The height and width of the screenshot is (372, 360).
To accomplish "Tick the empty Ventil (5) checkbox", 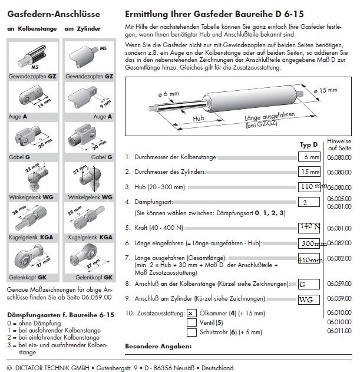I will (x=190, y=322).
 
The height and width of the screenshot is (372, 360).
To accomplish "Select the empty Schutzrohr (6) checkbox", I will (x=190, y=332).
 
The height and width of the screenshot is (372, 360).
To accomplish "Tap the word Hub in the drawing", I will (x=200, y=117).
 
